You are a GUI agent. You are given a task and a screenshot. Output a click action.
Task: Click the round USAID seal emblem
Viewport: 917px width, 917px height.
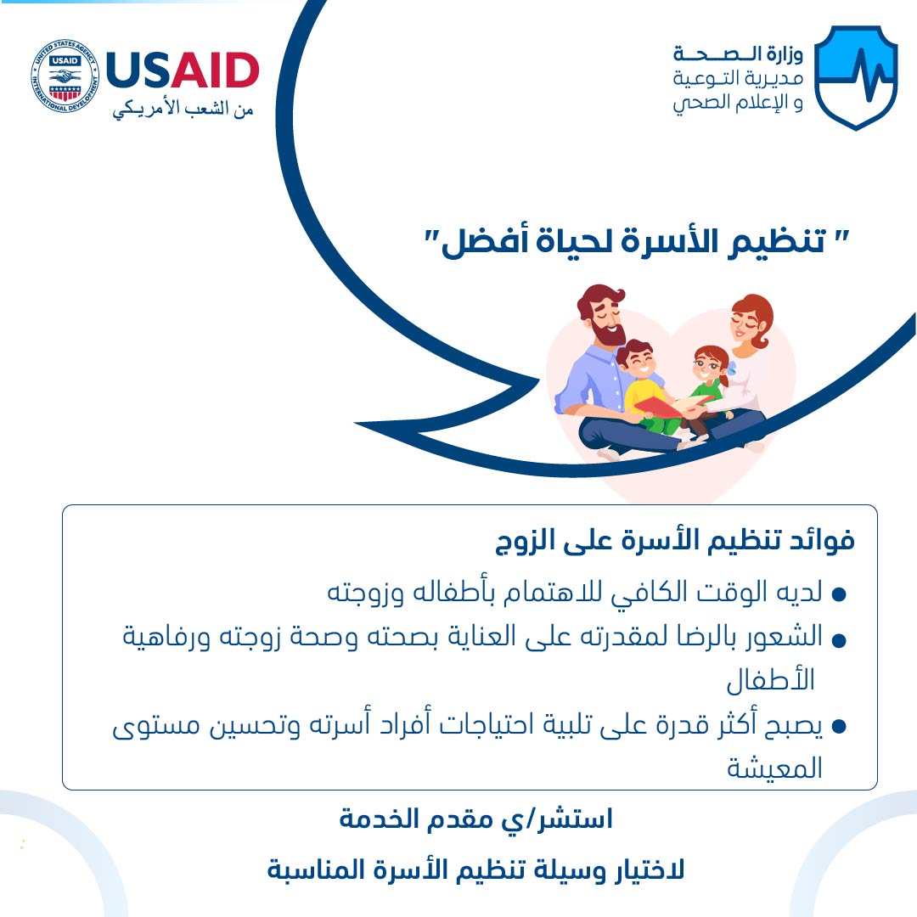coord(65,76)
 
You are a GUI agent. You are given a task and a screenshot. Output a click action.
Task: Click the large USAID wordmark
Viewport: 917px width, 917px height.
coord(183,70)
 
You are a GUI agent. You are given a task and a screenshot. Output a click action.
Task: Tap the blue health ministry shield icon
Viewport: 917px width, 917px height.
coord(856,76)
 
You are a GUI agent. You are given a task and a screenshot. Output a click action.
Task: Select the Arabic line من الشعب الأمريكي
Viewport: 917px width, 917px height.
coord(183,110)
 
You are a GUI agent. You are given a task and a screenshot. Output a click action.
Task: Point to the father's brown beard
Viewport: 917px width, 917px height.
coord(606,334)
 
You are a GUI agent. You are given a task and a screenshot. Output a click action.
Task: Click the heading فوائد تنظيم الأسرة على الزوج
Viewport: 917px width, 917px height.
coord(675,540)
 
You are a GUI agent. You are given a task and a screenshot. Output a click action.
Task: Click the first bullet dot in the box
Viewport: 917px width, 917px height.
coord(839,594)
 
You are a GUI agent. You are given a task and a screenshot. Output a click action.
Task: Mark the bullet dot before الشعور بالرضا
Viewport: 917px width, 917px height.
coord(839,640)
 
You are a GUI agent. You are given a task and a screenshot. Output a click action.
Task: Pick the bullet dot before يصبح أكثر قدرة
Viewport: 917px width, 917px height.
coord(839,726)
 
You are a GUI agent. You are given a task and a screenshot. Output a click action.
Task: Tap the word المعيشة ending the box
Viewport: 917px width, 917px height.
coord(774,768)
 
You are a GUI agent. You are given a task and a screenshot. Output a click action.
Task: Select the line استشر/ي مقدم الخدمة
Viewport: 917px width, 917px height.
coord(475,819)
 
